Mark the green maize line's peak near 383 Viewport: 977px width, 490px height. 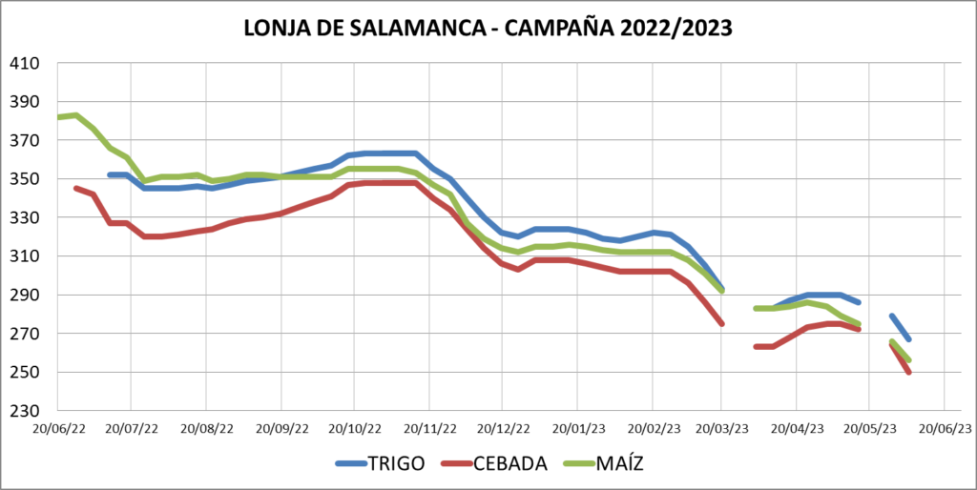point(75,115)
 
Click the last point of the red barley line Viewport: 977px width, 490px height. point(909,372)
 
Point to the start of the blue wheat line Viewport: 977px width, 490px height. point(110,174)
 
